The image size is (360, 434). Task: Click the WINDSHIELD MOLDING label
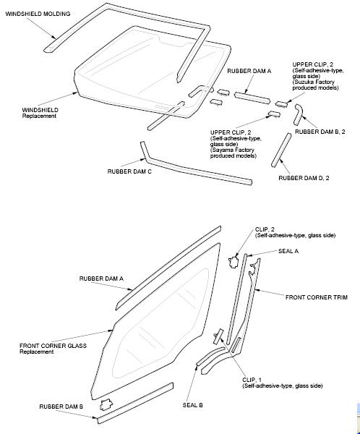click(38, 14)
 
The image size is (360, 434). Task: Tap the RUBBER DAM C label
click(129, 171)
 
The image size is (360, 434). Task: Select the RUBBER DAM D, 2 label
click(304, 178)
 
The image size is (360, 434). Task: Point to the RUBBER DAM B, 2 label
click(320, 132)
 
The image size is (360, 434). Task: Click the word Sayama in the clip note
click(222, 150)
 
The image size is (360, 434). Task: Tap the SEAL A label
click(288, 251)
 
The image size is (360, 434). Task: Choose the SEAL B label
click(192, 405)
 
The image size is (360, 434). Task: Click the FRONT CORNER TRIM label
click(317, 297)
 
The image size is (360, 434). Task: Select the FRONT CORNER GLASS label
click(53, 346)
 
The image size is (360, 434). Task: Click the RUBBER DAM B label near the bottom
click(61, 407)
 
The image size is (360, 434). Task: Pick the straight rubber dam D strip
click(281, 150)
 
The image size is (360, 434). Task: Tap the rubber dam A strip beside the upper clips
click(252, 98)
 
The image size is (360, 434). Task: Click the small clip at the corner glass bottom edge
click(106, 404)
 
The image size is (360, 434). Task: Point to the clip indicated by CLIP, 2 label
click(233, 262)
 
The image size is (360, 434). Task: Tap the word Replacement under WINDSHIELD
click(39, 116)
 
